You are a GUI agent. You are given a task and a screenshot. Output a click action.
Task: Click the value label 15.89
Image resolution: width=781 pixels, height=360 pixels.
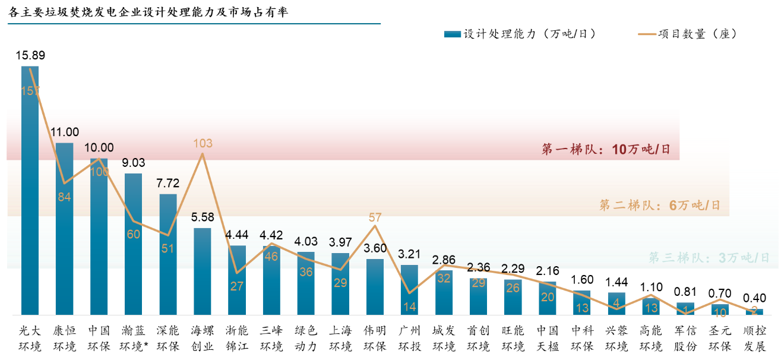pos(30,56)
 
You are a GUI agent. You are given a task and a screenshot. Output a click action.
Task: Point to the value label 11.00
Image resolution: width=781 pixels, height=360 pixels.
pos(65,132)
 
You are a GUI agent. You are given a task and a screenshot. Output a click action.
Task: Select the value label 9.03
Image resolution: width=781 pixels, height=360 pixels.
pos(134,163)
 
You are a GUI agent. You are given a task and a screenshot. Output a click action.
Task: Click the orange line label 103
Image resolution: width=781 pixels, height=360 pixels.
pos(203,143)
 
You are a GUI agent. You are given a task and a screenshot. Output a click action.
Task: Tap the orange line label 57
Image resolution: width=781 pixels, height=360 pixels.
pos(375,217)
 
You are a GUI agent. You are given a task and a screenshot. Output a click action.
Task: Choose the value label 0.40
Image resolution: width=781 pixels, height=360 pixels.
pos(754,298)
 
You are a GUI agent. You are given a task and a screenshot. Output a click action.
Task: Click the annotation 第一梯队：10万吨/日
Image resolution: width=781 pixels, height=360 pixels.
pos(606,149)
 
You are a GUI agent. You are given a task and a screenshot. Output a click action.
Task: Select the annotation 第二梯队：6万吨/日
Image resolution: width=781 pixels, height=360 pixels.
pos(659,206)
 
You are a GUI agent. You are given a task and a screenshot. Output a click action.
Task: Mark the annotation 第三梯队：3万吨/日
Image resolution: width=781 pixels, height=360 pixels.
pos(709,258)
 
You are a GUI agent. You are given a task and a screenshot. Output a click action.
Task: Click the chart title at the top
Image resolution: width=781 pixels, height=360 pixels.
pos(148,12)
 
